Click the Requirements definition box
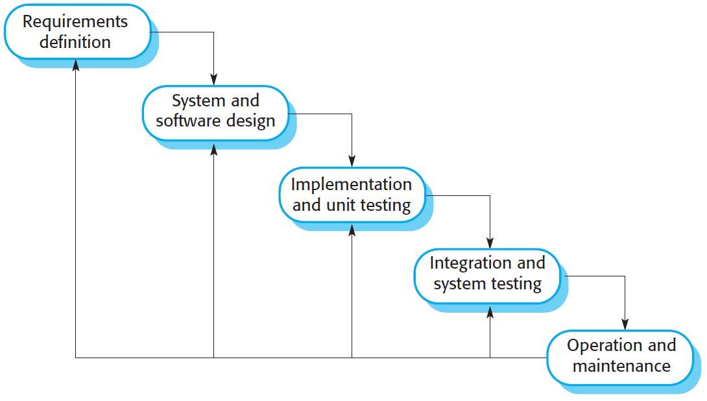(77, 32)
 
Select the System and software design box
(215, 112)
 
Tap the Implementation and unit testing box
(352, 195)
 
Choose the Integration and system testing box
(487, 274)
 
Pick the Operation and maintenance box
(621, 356)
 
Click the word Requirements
(75, 21)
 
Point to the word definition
(75, 43)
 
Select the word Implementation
(351, 184)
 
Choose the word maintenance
(621, 366)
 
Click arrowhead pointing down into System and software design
(214, 80)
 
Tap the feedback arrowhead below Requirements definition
(76, 65)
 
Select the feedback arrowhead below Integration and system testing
(490, 311)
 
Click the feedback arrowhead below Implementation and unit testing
(352, 229)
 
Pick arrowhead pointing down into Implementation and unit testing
(352, 161)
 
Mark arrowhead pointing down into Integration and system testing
(490, 243)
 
